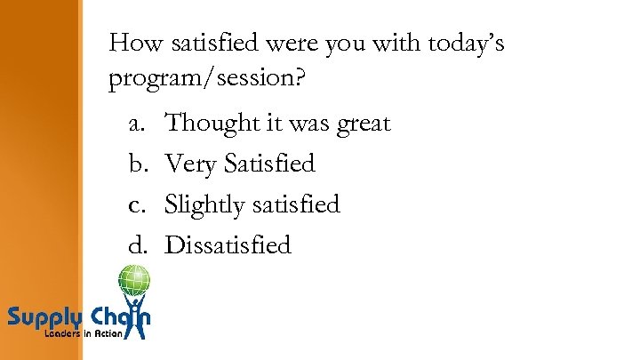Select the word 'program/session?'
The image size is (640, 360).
207,79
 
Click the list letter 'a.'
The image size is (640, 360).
136,124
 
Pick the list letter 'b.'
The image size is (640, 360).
136,164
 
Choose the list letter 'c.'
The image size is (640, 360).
136,204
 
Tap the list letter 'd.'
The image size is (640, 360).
136,244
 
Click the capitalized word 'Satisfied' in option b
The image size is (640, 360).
270,164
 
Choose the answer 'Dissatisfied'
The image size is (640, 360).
228,244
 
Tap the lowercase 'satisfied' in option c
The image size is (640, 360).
295,204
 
